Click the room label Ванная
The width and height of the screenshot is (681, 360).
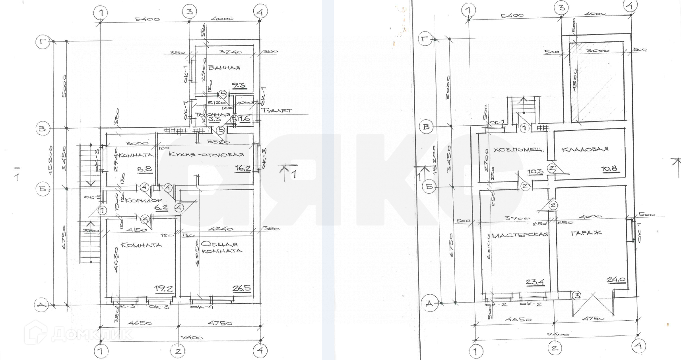click(x=224, y=68)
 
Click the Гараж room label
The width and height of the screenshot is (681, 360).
click(x=586, y=233)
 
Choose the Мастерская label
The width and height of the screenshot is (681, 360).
click(x=520, y=235)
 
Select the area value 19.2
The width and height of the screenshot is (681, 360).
click(x=165, y=289)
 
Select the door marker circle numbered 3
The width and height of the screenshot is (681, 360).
click(x=577, y=296)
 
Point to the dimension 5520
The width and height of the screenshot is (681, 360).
click(x=219, y=141)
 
